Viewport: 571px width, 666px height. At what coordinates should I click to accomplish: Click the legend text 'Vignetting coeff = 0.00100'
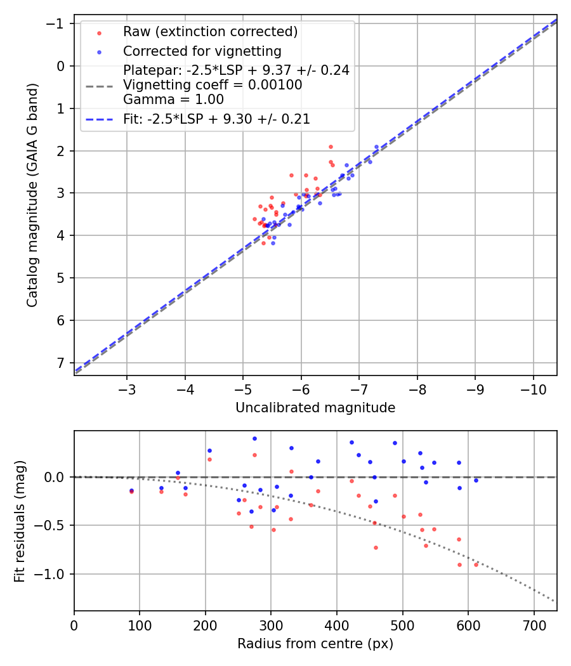(213, 85)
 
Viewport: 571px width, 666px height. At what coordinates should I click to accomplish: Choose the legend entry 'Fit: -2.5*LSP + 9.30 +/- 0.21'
(216, 119)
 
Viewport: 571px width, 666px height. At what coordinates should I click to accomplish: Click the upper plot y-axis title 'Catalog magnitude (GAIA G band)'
(32, 195)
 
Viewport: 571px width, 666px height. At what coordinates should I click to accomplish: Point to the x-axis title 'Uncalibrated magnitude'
(315, 408)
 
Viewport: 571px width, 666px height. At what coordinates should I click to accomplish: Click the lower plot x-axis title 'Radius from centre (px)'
(315, 644)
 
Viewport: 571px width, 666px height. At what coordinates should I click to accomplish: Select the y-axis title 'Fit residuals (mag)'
(20, 521)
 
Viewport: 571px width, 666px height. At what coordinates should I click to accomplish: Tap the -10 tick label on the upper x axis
(534, 389)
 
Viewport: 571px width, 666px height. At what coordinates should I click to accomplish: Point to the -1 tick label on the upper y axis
(58, 23)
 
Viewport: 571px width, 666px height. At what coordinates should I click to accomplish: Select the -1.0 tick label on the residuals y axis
(53, 574)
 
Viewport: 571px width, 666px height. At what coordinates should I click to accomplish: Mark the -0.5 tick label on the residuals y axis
(53, 525)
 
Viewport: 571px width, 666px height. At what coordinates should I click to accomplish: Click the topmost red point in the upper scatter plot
(331, 147)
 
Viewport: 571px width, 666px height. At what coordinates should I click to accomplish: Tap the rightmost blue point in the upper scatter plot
(376, 147)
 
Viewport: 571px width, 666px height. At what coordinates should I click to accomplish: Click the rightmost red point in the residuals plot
(476, 565)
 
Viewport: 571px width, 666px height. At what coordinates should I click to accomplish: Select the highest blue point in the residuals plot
(254, 438)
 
